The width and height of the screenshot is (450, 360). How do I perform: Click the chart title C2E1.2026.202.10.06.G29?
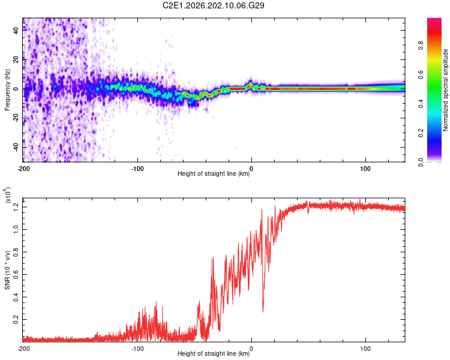(213, 5)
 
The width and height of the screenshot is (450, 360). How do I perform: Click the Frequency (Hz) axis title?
(7, 90)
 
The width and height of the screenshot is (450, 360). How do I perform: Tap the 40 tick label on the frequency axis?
(16, 30)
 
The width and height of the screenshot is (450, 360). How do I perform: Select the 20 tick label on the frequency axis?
(16, 59)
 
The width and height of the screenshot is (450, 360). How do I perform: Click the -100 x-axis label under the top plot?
(137, 169)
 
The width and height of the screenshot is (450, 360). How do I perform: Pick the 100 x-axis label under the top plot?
(365, 169)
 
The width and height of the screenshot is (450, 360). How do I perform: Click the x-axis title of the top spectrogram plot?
(214, 173)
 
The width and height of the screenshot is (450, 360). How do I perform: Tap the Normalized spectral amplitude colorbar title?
(445, 90)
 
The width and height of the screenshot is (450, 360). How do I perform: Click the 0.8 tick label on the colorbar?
(421, 46)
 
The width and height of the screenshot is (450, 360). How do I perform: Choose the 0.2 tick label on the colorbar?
(421, 133)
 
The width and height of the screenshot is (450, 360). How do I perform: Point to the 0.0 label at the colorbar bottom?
(421, 162)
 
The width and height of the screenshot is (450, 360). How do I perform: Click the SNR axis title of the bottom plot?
(7, 270)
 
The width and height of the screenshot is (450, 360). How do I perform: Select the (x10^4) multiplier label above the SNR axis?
(7, 195)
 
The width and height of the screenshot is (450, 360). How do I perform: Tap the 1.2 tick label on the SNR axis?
(16, 207)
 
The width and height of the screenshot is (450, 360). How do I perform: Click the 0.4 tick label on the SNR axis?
(16, 297)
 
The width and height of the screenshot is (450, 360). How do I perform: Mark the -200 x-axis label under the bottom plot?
(23, 349)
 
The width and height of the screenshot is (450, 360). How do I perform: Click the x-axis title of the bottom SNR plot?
(214, 353)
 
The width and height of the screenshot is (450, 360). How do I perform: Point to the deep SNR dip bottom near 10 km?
(263, 312)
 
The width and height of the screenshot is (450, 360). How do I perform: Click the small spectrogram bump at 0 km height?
(251, 84)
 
